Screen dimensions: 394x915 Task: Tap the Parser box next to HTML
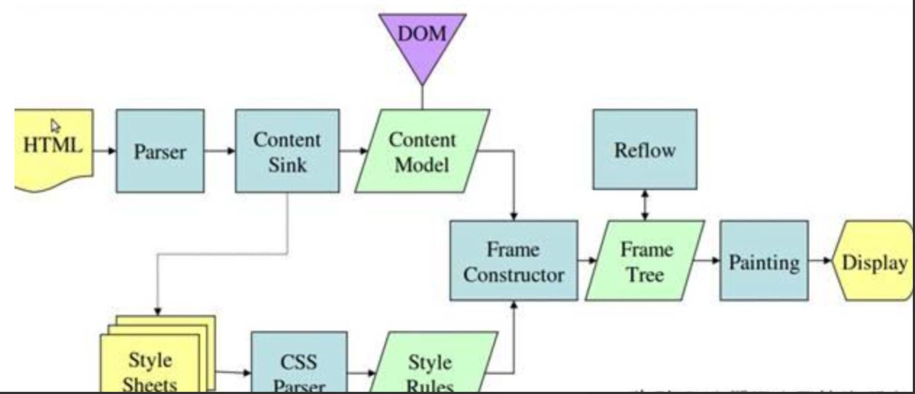pos(160,151)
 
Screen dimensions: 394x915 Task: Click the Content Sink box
pos(287,151)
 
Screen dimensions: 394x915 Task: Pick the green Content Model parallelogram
pos(422,151)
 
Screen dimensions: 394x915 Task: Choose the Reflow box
pos(645,150)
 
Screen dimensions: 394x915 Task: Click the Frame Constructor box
pos(513,261)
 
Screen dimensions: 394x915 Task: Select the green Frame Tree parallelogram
pos(645,261)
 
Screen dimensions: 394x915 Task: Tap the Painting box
pos(763,261)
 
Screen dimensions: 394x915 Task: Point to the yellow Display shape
pos(874,261)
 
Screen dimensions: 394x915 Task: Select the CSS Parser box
pos(299,366)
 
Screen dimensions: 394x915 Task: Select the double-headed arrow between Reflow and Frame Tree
pos(645,205)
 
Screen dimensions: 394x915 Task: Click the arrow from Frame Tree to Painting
pos(707,260)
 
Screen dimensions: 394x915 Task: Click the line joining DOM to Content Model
pos(422,97)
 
